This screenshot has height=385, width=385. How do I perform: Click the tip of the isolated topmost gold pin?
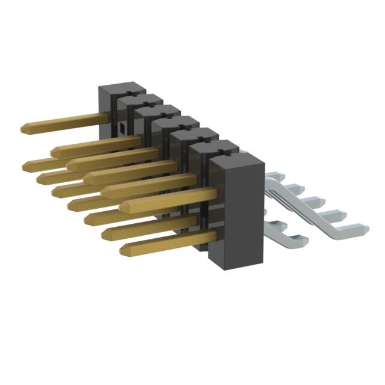[24, 128]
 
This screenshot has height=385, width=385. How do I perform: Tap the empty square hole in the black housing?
[121, 128]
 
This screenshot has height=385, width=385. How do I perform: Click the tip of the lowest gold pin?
[123, 249]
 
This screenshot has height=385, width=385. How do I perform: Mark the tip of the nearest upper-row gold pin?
[123, 207]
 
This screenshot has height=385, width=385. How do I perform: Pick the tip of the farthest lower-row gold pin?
[25, 165]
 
